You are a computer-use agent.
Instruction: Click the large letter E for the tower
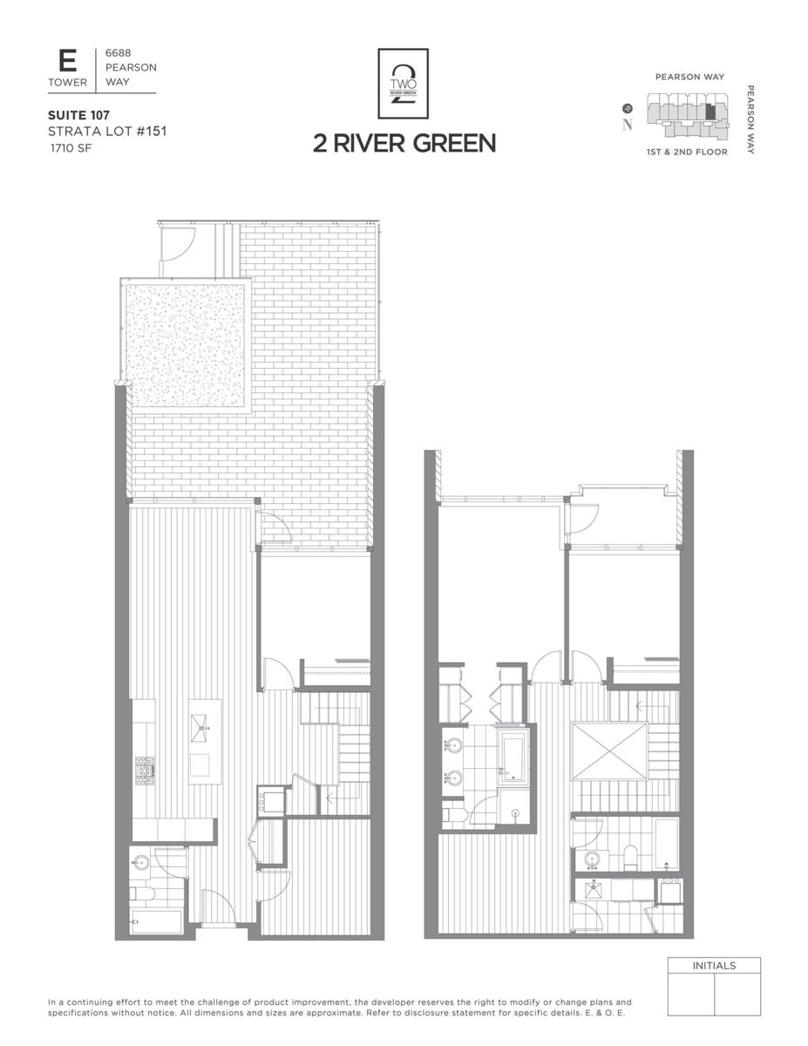click(67, 62)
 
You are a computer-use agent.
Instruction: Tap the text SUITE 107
click(79, 115)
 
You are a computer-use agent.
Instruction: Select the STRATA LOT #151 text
click(107, 132)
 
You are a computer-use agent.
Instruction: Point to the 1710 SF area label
click(71, 148)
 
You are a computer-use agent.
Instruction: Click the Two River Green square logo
click(404, 84)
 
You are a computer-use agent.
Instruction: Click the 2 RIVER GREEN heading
click(404, 144)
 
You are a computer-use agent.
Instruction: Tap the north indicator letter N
click(627, 124)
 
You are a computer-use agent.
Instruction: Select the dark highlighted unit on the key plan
click(710, 113)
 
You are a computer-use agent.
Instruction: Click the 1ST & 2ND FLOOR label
click(687, 153)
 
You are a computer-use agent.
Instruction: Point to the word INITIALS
click(714, 966)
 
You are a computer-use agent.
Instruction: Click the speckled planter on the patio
click(185, 346)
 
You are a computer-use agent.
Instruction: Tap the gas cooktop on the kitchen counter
click(146, 771)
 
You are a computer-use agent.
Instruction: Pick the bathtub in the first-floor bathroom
click(156, 922)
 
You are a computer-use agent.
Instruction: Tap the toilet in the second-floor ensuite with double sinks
click(454, 815)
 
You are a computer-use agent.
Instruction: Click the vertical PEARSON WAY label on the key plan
click(750, 120)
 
